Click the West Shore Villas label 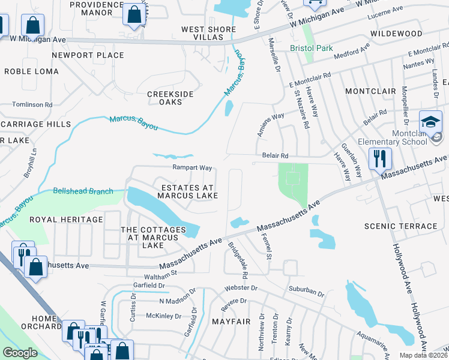206,33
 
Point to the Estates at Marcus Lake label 188,191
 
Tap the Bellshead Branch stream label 83,191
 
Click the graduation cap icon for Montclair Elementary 430,122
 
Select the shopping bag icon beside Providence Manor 133,13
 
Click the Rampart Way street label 193,168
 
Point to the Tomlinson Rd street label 32,104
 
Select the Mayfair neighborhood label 231,322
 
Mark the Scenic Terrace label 401,226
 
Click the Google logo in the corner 20,352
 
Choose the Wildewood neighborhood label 396,34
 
